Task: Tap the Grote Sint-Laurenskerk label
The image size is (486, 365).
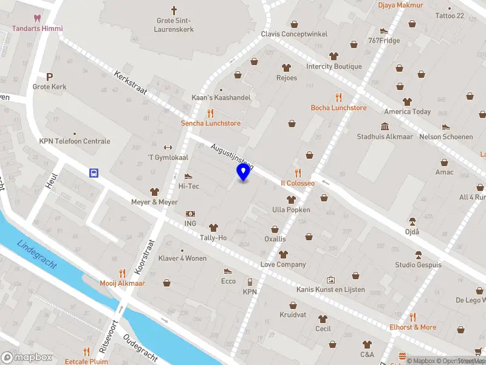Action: (x=175, y=25)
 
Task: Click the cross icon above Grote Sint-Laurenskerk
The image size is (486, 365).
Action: (x=174, y=10)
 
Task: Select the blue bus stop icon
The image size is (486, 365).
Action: (x=94, y=173)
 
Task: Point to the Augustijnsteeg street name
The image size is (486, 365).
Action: (x=232, y=156)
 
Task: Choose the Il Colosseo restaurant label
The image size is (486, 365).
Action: (x=297, y=183)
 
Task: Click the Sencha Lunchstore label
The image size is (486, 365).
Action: (x=210, y=123)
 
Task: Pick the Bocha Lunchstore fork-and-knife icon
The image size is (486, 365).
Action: (x=338, y=97)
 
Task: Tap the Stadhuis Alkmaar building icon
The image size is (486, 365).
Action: (x=385, y=126)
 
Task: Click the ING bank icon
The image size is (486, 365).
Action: (x=190, y=214)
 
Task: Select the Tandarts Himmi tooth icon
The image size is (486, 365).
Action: (x=38, y=18)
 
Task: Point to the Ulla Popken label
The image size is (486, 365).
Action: (x=291, y=210)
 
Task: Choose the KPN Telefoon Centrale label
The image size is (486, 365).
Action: (x=75, y=141)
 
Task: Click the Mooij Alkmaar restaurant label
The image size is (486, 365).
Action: (x=122, y=283)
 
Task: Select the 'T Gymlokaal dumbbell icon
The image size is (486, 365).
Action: (x=168, y=147)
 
